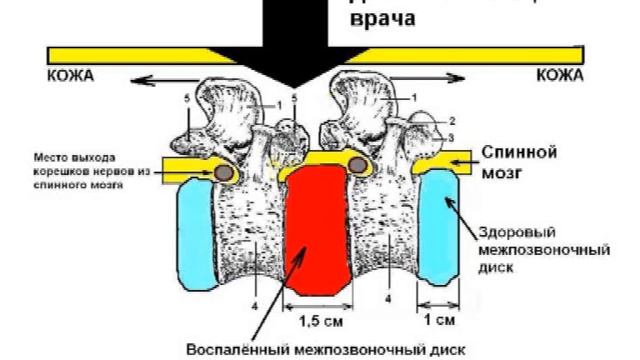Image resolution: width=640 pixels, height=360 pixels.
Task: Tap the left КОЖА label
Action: tap(69, 74)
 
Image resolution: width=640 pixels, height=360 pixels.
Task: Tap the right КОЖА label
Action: tap(560, 74)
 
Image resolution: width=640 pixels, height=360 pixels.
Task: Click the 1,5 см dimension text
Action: tap(318, 321)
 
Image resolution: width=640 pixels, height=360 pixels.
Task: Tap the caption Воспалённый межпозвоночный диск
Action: tap(326, 348)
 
